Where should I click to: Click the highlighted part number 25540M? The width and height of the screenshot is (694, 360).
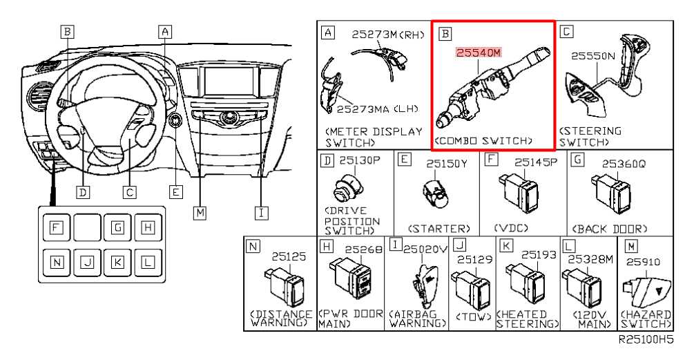coord(477,53)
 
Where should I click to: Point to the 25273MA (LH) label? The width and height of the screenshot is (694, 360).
coord(377,108)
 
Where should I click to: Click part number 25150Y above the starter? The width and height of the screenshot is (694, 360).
coord(447,164)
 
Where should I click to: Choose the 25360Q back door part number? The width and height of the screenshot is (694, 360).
coord(624,164)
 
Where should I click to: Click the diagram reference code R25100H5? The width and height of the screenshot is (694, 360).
coord(646,341)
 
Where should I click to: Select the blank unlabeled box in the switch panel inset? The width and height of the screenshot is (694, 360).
coord(87,227)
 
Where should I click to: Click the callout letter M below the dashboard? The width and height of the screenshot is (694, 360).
coord(200,213)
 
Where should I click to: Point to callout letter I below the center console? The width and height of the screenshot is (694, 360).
coord(261,213)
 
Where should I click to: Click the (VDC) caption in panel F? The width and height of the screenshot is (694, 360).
coord(510,228)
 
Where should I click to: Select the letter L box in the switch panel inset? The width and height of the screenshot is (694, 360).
coord(147,261)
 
